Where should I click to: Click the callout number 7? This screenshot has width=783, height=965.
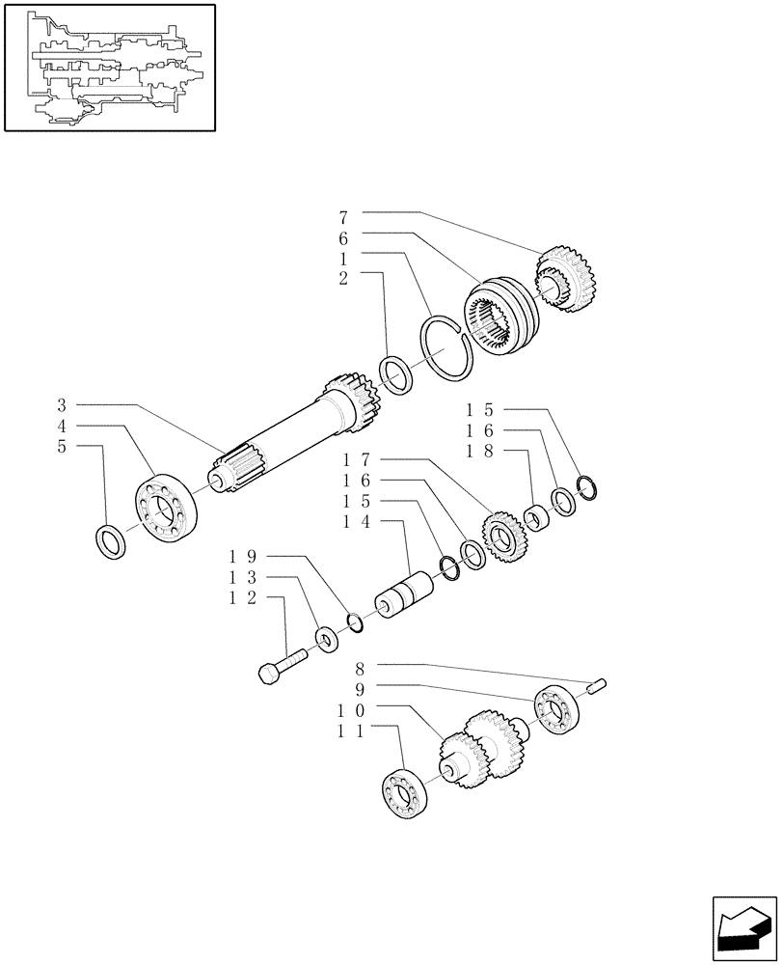tap(343, 217)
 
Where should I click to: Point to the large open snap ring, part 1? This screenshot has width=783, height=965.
tap(447, 349)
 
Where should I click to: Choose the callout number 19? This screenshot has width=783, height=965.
tap(242, 557)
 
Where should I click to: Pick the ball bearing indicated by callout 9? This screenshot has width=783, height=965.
tap(555, 709)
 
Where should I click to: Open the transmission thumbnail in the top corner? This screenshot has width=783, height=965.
tap(109, 67)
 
